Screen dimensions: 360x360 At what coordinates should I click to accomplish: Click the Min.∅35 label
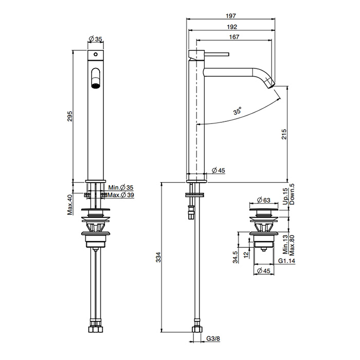coord(120,188)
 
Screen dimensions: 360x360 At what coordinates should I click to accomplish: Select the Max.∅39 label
coord(121,195)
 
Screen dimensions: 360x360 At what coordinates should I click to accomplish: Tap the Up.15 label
coord(284,196)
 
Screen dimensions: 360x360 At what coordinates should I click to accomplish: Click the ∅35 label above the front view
coord(95,39)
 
